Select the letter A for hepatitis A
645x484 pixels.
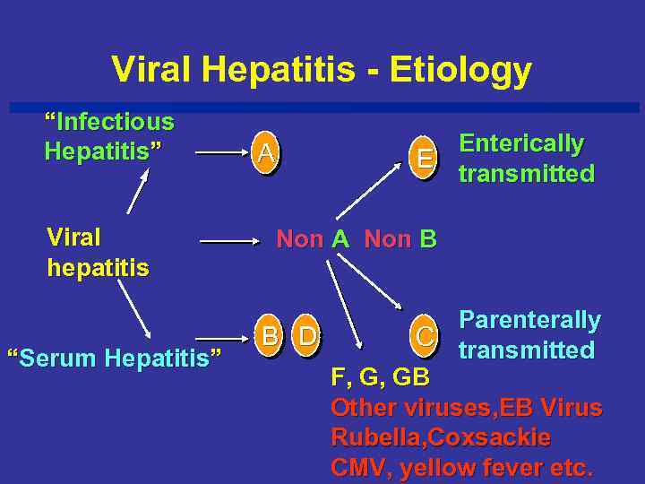pos(264,154)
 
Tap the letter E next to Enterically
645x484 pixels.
pos(425,158)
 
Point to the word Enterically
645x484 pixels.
pos(521,143)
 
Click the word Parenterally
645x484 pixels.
pos(529,320)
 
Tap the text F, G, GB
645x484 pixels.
pos(380,376)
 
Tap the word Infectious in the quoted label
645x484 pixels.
pos(116,121)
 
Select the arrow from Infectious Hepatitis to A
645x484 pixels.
pos(218,154)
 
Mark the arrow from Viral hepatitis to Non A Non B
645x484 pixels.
pos(228,241)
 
